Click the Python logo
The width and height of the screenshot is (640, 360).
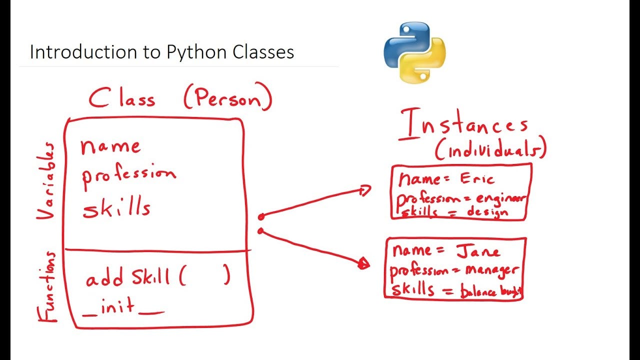pyautogui.click(x=414, y=51)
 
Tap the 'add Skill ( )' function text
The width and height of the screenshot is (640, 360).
pyautogui.click(x=157, y=276)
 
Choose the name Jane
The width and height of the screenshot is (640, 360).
pyautogui.click(x=478, y=250)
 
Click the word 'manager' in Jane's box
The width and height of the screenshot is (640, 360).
pyautogui.click(x=492, y=270)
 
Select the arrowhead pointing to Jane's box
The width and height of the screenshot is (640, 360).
pyautogui.click(x=364, y=264)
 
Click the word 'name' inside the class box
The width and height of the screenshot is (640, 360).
pyautogui.click(x=110, y=146)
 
